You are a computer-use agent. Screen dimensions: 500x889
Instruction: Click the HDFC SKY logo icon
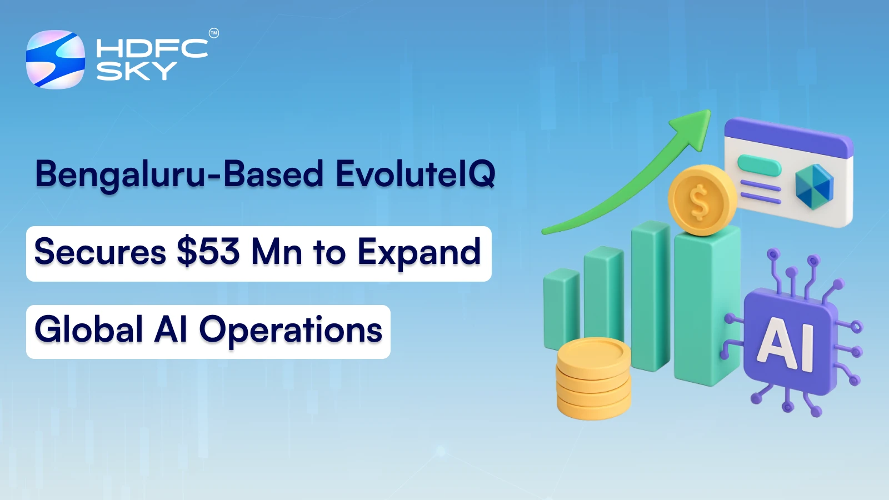click(x=56, y=59)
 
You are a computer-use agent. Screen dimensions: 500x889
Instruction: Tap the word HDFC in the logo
click(x=152, y=48)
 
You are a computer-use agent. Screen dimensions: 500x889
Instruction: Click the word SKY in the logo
click(x=136, y=71)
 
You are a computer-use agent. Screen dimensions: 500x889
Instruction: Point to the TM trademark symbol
click(x=214, y=33)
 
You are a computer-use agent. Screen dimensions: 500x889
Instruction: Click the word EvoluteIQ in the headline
click(x=415, y=174)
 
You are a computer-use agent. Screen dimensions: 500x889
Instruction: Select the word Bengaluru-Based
click(x=179, y=174)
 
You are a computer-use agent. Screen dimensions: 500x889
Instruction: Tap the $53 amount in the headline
click(x=208, y=252)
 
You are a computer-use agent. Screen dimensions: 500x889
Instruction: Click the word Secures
click(x=100, y=252)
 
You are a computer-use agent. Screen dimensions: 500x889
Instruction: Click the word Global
click(x=89, y=329)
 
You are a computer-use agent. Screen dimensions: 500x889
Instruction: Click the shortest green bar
click(x=561, y=308)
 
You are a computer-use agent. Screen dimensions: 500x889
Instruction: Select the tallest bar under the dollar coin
click(x=706, y=306)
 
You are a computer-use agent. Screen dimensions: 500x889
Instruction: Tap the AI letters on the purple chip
click(x=786, y=344)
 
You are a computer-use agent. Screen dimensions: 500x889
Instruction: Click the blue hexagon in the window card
click(x=814, y=186)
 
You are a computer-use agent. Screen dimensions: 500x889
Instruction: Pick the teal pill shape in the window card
click(x=759, y=165)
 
